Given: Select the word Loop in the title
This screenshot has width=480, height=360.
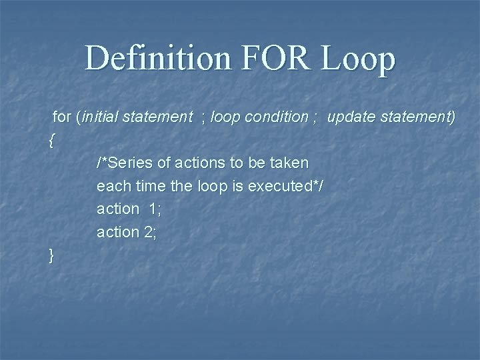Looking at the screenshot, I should coord(359,59).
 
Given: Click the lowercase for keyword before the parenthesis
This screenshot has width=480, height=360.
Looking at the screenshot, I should coord(61,117).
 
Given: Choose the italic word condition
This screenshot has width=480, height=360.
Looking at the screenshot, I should coord(275,117).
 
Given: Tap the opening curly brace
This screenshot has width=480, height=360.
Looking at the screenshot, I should coord(52,140).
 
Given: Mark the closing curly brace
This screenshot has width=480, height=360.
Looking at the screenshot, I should coord(52,255).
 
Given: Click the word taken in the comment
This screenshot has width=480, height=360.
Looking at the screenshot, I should coord(291,163).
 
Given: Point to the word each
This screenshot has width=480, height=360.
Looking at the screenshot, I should coord(111,186).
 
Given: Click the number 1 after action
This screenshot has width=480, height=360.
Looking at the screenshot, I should coord(154,209).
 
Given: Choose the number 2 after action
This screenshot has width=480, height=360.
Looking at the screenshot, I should coord(151,232).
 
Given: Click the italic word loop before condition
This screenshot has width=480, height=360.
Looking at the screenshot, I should coord(225,117).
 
